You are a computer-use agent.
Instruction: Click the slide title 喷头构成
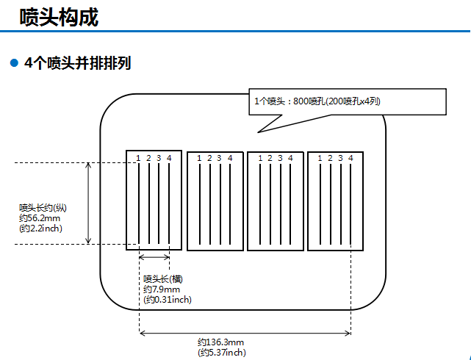coord(60,17)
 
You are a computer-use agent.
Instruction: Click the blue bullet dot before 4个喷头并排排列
coord(13,63)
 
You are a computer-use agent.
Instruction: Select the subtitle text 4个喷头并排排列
coord(77,63)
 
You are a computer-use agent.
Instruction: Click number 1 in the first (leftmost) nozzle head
coord(138,158)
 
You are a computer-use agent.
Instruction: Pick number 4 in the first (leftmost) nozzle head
coord(169,158)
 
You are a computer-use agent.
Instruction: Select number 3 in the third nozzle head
coord(280,158)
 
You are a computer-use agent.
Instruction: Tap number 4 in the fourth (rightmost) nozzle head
coord(351,158)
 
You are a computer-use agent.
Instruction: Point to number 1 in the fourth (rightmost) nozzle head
coord(320,158)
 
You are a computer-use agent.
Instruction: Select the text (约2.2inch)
coord(41,228)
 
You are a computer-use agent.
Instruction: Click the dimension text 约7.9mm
coord(161,289)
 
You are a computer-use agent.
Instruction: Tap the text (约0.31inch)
coord(168,299)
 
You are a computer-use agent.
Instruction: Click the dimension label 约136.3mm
coord(220,342)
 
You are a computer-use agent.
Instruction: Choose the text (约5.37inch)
coord(222,353)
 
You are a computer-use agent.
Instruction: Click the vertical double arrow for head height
coord(89,203)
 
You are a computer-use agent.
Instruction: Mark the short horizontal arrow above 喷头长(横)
coord(154,257)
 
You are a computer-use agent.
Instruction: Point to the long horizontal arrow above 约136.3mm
coord(245,334)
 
